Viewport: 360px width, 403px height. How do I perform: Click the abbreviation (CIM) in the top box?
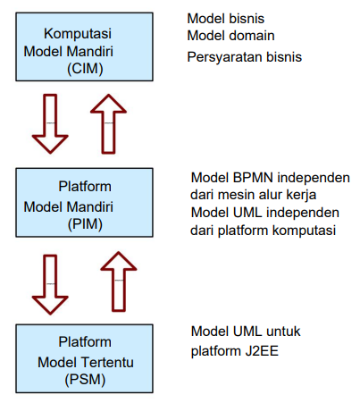(85, 69)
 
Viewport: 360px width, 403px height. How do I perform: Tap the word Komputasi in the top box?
(78, 34)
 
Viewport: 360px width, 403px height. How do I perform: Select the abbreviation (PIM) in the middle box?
(85, 224)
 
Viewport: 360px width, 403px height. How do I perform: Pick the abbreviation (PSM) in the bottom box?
(85, 380)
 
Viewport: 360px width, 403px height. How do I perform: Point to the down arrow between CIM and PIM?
(50, 123)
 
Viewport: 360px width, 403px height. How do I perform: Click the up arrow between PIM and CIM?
(108, 123)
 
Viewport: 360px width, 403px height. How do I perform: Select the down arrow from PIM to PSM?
(50, 284)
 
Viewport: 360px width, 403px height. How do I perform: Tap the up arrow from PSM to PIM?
(119, 281)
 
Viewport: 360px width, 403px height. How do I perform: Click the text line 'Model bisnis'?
(226, 19)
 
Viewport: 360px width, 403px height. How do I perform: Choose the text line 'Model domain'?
(230, 36)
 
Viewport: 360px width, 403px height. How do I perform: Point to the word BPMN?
(253, 178)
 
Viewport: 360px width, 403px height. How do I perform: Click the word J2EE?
(262, 351)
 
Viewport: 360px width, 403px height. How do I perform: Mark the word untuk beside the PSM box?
(283, 332)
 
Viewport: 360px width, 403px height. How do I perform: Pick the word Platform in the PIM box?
(85, 187)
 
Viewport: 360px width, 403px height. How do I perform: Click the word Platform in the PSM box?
(85, 342)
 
